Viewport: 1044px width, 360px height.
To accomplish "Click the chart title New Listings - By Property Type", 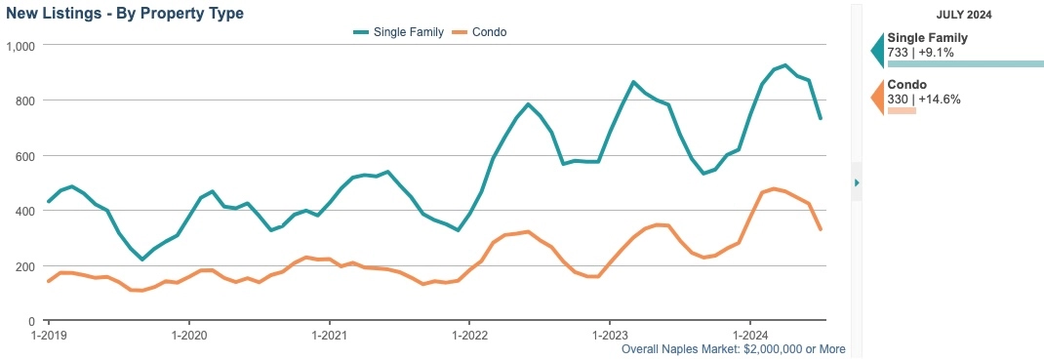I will pyautogui.click(x=125, y=14).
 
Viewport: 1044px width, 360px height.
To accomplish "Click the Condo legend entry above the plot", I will pyautogui.click(x=482, y=32).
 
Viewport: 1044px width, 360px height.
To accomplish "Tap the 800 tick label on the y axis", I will pyautogui.click(x=24, y=100).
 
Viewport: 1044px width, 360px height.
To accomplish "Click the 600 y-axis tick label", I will pyautogui.click(x=24, y=156).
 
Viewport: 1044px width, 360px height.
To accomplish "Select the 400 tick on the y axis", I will pyautogui.click(x=24, y=211).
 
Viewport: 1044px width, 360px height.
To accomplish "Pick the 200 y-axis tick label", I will pyautogui.click(x=24, y=266).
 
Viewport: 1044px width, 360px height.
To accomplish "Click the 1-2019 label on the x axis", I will pyautogui.click(x=47, y=333).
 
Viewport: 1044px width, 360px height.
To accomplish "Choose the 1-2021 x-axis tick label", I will pyautogui.click(x=329, y=333).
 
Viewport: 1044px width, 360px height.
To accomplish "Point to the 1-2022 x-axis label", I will pyautogui.click(x=469, y=333).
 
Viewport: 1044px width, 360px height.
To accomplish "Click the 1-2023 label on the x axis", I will pyautogui.click(x=610, y=333).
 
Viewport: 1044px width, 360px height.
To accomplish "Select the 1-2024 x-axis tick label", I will pyautogui.click(x=750, y=333).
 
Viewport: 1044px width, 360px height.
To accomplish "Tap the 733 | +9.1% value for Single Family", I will pyautogui.click(x=920, y=52).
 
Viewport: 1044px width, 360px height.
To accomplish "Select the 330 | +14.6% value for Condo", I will pyautogui.click(x=924, y=99).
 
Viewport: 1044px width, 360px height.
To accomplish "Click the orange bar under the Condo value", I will pyautogui.click(x=902, y=110).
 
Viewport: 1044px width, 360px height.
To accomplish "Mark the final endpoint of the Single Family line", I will pyautogui.click(x=821, y=118).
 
